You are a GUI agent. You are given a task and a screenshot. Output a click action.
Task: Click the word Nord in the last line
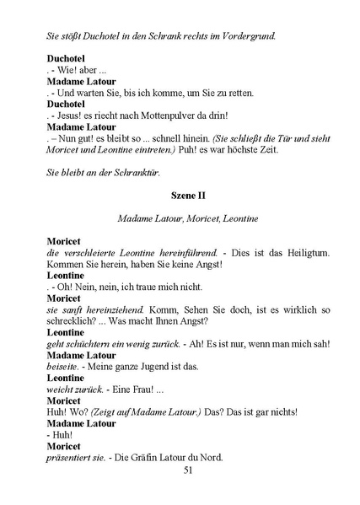[207, 459]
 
